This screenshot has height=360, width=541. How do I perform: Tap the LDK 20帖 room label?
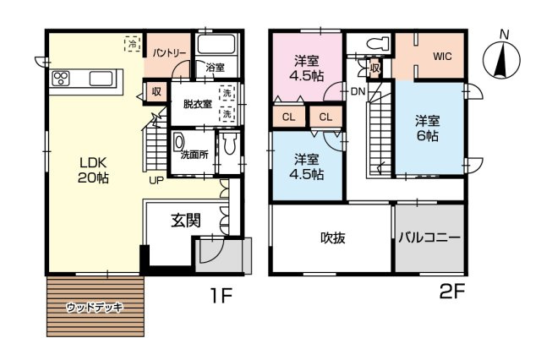coord(93,170)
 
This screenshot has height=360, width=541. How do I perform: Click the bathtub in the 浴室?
coord(216,44)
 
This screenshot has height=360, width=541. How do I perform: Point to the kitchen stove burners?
coord(61,79)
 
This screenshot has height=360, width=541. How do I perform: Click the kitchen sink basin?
coord(101,79)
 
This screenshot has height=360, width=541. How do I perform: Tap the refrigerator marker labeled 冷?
coord(133,43)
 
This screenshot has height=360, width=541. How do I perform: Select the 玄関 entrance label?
coord(186,221)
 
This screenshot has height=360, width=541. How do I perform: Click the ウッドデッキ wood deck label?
coord(95,307)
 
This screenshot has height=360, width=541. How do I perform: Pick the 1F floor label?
coord(221,295)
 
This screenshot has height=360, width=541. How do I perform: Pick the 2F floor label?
coord(452,292)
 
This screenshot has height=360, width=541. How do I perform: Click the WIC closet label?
coord(442,57)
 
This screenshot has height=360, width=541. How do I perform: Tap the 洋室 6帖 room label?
coord(428,128)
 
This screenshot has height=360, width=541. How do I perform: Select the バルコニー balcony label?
coord(429,238)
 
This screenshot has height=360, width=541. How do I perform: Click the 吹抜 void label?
coord(333,238)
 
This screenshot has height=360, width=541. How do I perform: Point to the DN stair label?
coord(358,91)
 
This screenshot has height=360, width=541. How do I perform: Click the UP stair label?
coord(156,180)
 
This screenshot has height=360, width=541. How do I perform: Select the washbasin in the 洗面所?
coord(178,143)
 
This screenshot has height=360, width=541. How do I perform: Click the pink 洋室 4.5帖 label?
coord(306,68)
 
